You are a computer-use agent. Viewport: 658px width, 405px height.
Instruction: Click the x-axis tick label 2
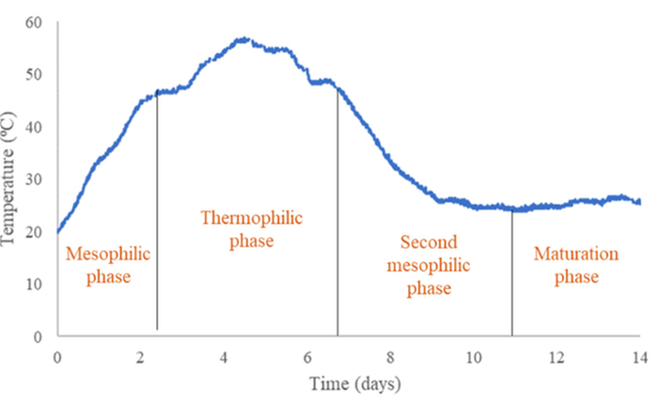coord(140,357)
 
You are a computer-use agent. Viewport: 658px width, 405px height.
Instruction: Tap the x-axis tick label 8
coord(390,357)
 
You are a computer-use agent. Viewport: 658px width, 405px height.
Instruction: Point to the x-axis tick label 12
coord(556,357)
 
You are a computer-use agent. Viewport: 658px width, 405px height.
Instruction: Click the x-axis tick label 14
coord(639,357)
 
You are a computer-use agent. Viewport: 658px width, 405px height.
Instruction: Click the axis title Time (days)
coord(348,383)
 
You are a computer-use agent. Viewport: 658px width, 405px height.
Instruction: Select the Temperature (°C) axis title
coord(12,179)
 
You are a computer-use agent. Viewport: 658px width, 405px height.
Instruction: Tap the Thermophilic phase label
coord(252,229)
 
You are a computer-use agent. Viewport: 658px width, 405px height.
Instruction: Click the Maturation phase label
coord(575,265)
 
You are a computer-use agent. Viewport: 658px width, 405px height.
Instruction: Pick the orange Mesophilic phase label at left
coord(107,265)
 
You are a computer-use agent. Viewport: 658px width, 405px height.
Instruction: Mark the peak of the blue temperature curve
coord(243,39)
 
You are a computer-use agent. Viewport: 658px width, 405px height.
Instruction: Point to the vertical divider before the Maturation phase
coord(512,273)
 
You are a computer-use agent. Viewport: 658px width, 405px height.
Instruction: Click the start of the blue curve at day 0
coord(58,230)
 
